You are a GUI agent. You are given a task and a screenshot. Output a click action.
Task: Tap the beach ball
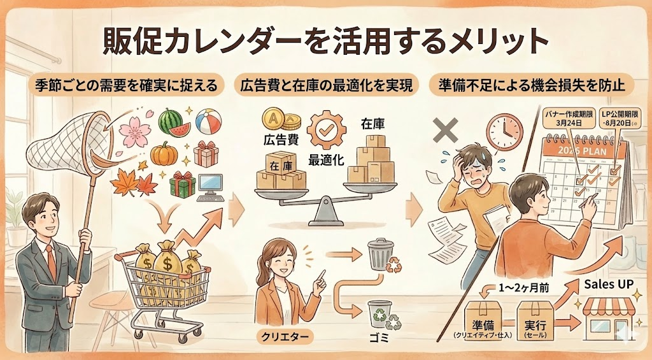208,120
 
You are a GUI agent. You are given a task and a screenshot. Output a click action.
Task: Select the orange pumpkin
164,154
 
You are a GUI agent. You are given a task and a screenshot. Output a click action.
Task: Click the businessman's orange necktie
50,261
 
